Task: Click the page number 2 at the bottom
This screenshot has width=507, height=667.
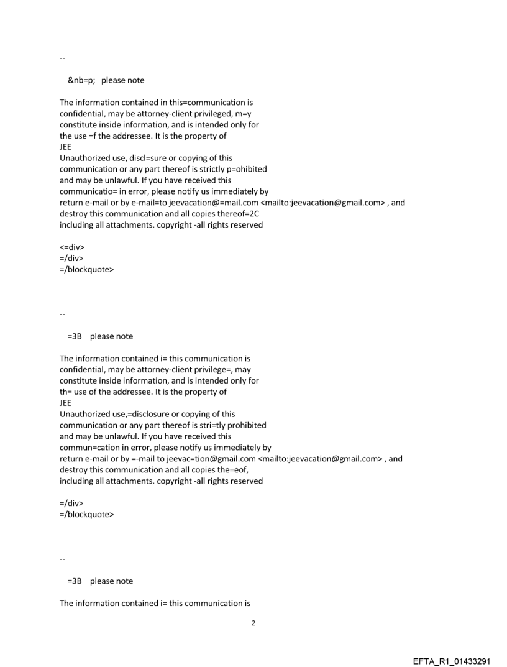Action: coord(253,623)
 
